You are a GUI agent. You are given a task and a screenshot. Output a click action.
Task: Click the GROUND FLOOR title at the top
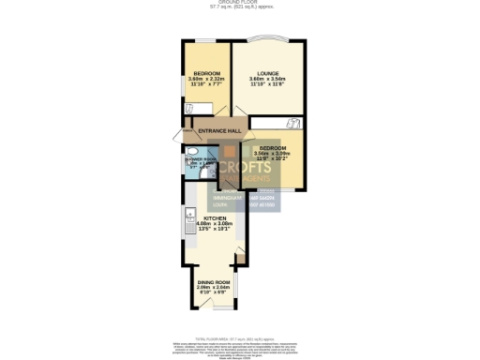[x=239, y=3]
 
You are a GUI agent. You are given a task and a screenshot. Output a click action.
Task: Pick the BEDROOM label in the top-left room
[x=206, y=74]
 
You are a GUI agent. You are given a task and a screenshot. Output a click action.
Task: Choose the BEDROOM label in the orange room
[x=272, y=148]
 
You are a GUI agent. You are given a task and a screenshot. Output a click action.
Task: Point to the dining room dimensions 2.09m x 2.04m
[x=213, y=288]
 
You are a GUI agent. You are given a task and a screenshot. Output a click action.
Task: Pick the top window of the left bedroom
[x=204, y=40]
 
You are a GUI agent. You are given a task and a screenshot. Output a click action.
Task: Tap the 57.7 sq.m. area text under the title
[x=239, y=8]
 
